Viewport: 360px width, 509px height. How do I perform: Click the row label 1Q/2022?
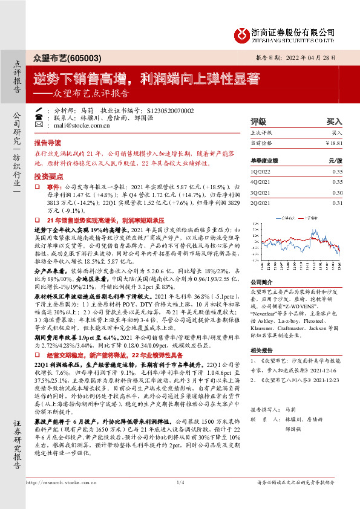coord(260,172)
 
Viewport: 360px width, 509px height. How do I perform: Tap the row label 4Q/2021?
coord(260,182)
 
